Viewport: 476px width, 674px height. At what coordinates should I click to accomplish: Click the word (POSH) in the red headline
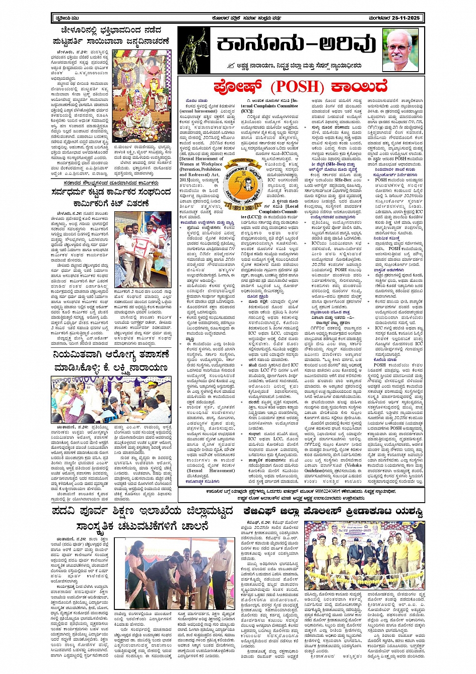297,87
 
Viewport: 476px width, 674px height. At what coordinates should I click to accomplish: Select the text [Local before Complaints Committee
289,206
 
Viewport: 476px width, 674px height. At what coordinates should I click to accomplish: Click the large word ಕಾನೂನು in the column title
255,45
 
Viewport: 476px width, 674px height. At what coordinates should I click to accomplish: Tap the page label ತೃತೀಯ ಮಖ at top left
64,19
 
